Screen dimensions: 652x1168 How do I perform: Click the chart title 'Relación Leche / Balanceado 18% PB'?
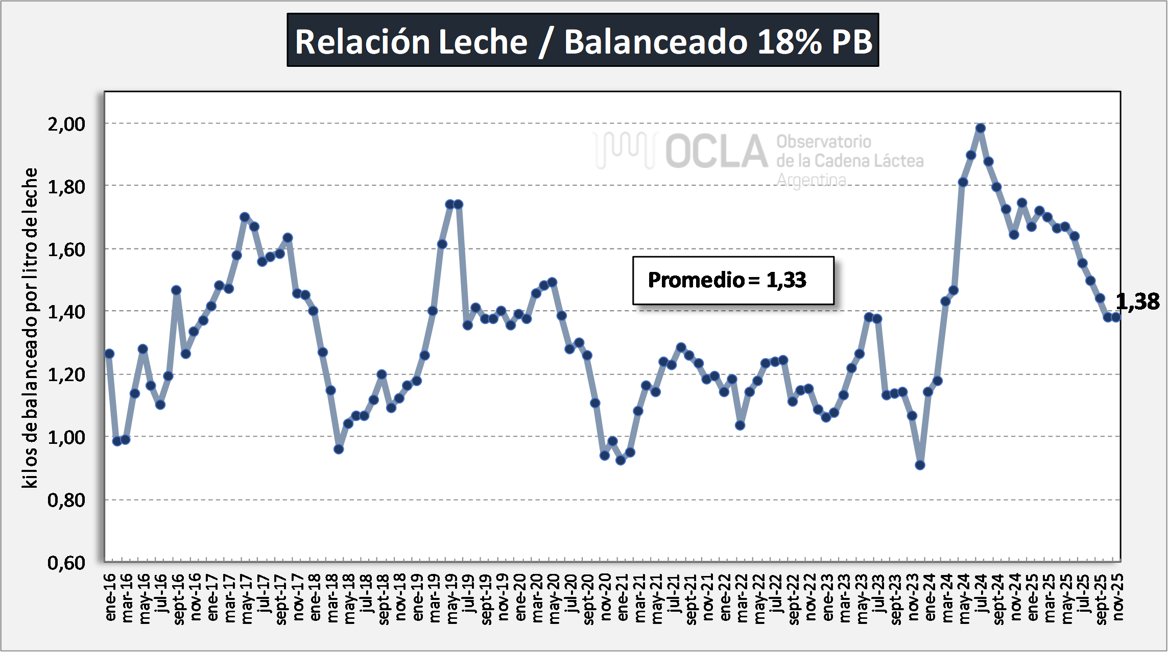[583, 40]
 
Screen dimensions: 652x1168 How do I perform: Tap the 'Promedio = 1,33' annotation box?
[733, 280]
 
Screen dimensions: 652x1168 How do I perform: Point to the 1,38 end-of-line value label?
[1137, 302]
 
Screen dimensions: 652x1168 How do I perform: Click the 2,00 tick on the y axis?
[66, 124]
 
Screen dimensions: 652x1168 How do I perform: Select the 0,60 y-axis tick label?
[66, 563]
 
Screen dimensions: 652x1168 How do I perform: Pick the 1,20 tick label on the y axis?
[66, 375]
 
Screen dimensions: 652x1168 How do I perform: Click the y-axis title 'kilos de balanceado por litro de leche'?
[30, 328]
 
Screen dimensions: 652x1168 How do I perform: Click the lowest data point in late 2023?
[920, 465]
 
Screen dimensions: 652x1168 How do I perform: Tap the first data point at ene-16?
[109, 354]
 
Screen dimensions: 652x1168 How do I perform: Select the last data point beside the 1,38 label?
[1116, 317]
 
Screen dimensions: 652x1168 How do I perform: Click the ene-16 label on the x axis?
[110, 597]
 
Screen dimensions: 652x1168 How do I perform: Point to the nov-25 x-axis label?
[1118, 597]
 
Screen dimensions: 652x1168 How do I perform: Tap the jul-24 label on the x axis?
[981, 594]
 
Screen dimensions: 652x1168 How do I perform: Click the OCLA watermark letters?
[716, 152]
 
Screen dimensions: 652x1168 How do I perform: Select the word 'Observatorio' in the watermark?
[824, 141]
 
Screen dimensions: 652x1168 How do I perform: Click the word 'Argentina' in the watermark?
[812, 180]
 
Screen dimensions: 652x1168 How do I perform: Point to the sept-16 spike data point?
[176, 290]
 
